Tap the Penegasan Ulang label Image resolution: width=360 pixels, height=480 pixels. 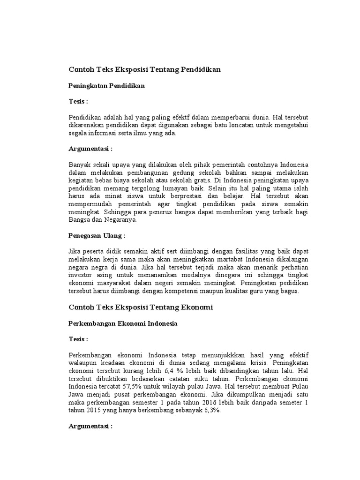click(x=97, y=235)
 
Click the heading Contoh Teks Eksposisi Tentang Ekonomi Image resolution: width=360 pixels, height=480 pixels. click(x=141, y=307)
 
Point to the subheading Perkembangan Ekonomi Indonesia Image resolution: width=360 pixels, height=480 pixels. click(x=123, y=324)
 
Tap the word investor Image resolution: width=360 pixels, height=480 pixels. click(x=81, y=275)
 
